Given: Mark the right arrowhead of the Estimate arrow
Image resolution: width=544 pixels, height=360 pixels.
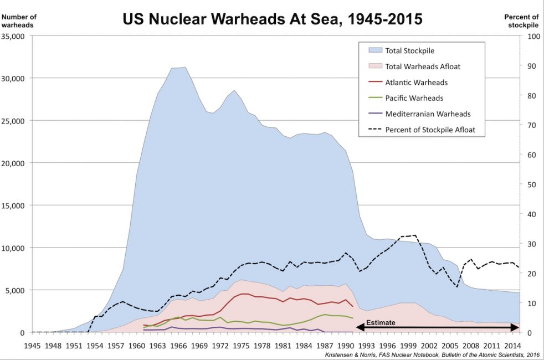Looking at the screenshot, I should point(516,328).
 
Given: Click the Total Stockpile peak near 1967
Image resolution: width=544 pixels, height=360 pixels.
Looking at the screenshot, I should point(184,68).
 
